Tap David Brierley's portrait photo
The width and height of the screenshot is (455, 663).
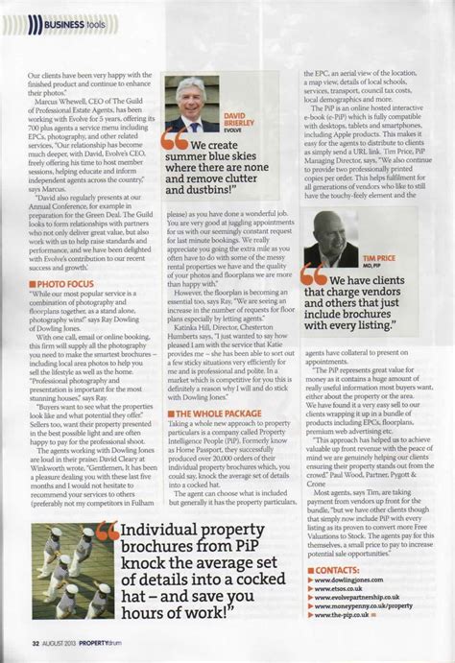coord(195,106)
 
